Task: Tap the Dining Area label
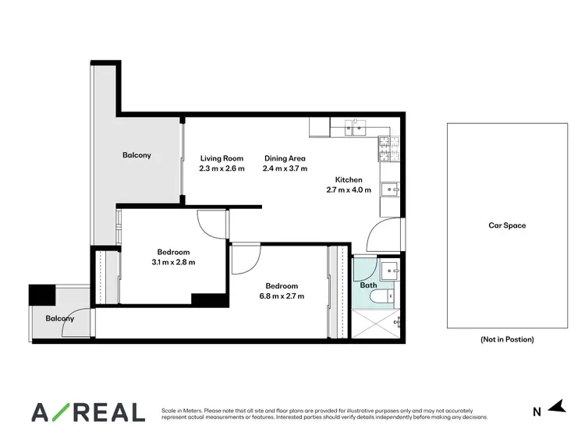[x=285, y=158]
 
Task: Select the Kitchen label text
[x=349, y=179]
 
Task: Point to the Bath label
[x=368, y=285]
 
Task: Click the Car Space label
[x=507, y=225]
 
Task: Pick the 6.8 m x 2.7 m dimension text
[x=281, y=296]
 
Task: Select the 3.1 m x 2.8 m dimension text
[x=172, y=262]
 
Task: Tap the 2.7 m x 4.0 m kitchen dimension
[x=349, y=189]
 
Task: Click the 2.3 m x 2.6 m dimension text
[x=222, y=168]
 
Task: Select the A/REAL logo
[x=87, y=412]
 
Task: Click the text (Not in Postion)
[x=507, y=339]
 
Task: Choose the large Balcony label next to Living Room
[x=136, y=155]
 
